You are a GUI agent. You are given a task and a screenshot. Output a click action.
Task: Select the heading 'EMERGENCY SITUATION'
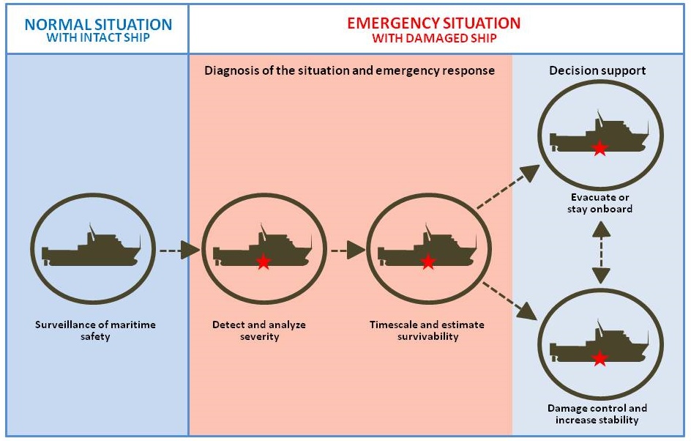[433, 23]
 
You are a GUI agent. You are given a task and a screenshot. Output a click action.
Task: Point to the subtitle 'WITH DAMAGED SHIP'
[433, 37]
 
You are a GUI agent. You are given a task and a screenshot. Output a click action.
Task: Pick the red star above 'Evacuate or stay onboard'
[600, 149]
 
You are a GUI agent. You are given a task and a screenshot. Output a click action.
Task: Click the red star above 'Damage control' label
[600, 358]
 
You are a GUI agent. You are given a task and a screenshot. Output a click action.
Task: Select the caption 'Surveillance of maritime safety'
[96, 330]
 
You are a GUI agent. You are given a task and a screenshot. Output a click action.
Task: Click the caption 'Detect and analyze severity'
[259, 330]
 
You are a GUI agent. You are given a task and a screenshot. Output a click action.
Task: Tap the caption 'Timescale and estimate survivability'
[427, 330]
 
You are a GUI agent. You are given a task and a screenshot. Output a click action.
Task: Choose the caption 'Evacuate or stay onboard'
[598, 203]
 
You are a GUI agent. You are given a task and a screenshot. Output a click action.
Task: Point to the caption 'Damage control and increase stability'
[597, 414]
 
